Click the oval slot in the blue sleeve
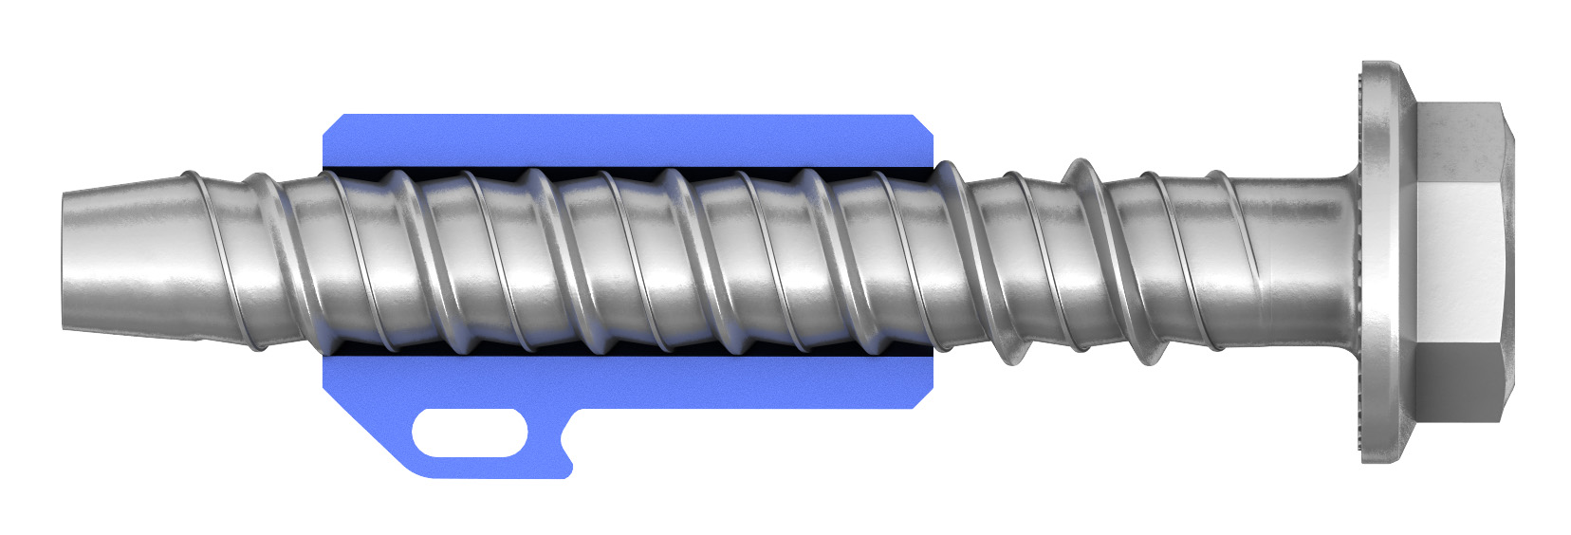pyautogui.click(x=470, y=434)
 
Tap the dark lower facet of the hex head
pyautogui.click(x=1456, y=379)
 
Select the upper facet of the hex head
pyautogui.click(x=1456, y=142)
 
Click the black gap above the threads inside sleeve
pyautogui.click(x=617, y=172)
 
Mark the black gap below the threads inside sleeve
pyautogui.click(x=617, y=348)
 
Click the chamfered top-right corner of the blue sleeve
pyautogui.click(x=922, y=123)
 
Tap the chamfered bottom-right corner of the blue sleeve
pyautogui.click(x=922, y=399)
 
